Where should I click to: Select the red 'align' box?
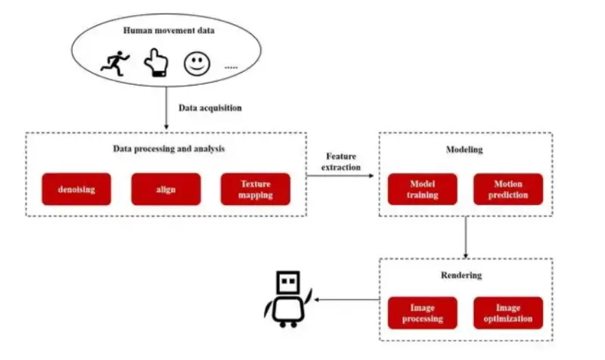[166, 189]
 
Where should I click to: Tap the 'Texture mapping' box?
[256, 189]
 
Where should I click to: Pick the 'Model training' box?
[422, 189]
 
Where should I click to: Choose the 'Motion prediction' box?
[507, 189]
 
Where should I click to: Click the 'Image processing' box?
[422, 312]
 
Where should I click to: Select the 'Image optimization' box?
[507, 312]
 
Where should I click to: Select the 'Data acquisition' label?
[210, 107]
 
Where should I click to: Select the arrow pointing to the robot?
[345, 299]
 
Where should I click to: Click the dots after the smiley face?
[230, 67]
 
